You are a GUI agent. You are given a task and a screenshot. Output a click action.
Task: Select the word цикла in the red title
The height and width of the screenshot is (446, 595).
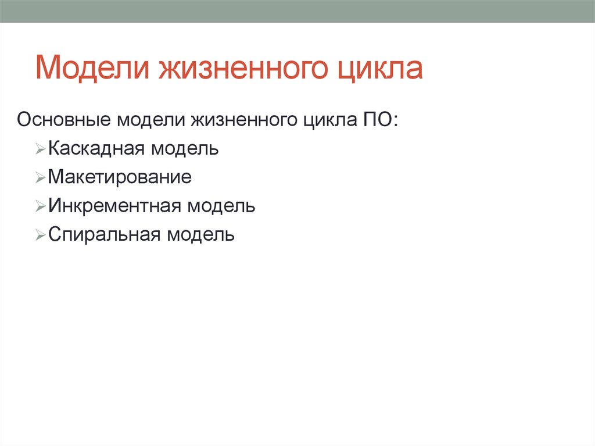point(380,69)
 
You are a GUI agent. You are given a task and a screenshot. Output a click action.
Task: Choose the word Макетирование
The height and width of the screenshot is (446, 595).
point(120,177)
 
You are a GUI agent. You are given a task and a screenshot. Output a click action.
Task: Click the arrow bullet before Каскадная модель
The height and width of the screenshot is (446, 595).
point(40,150)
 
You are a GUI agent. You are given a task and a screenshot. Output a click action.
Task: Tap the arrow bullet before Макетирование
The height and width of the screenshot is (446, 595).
point(40,179)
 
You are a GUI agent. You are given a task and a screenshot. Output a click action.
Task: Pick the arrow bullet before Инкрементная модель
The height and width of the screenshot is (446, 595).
point(40,208)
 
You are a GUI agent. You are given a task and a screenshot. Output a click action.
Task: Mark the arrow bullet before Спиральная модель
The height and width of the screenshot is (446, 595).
point(40,237)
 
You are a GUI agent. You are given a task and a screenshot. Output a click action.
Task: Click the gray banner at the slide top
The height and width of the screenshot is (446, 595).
point(297,11)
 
